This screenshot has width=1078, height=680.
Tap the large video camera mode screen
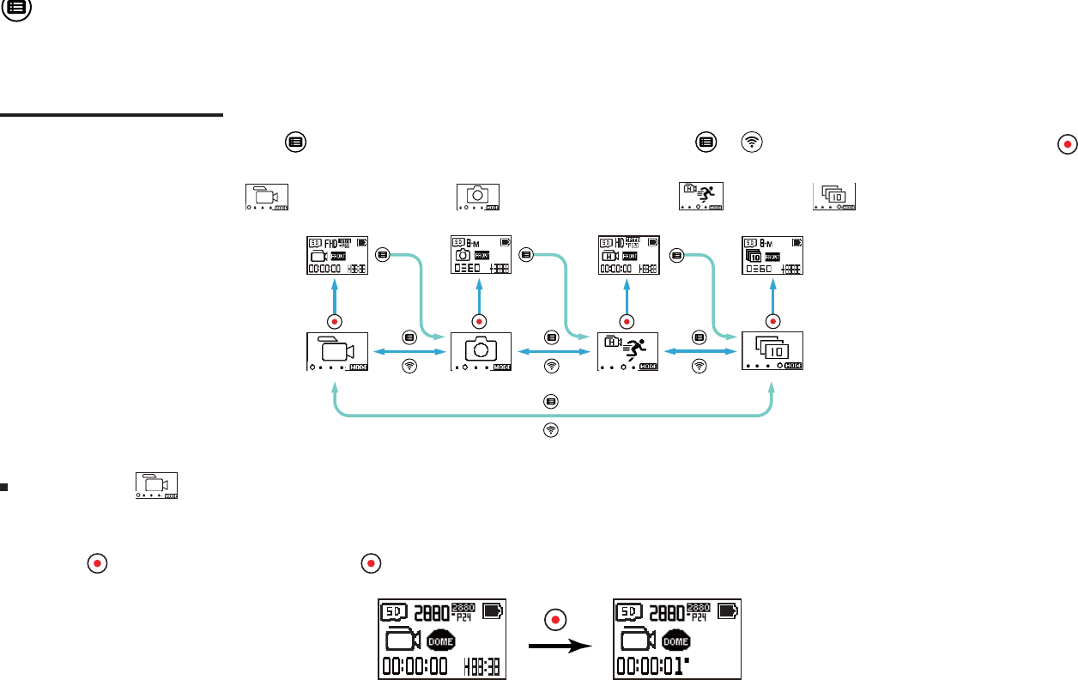coord(337,351)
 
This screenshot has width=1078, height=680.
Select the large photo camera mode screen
coord(481,351)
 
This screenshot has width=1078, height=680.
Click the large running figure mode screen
coord(627,351)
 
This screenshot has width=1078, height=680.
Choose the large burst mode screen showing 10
coord(772,351)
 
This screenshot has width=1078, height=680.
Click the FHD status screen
coord(336,255)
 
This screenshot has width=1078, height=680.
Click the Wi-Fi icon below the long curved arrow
coord(550,430)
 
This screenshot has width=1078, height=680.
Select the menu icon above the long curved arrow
coord(550,401)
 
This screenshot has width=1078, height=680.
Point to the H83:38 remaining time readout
coord(484,666)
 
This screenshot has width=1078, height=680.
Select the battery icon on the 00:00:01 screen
coord(728,611)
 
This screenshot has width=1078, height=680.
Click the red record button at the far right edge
coord(1067,144)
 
